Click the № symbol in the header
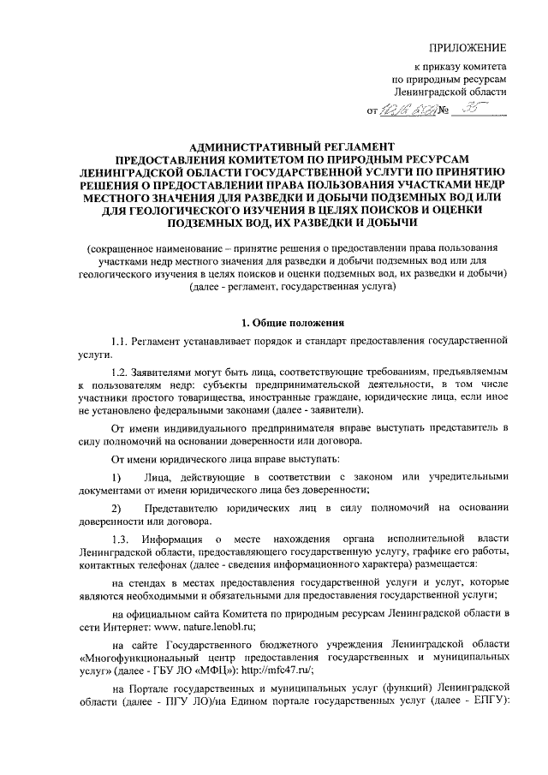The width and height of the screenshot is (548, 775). (444, 111)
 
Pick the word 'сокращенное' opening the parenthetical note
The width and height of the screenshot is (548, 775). (125, 247)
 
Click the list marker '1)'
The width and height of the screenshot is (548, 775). (118, 476)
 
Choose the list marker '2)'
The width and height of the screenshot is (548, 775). (118, 507)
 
